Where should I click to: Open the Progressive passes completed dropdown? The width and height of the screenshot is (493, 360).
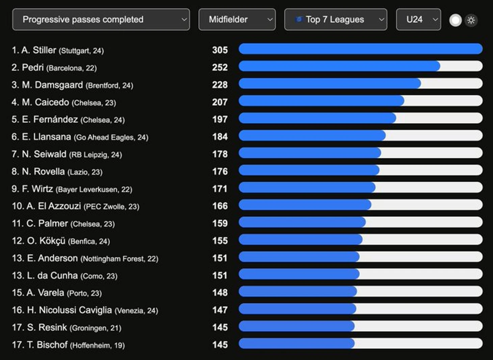tap(101, 20)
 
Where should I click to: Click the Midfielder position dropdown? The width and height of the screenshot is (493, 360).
tap(237, 20)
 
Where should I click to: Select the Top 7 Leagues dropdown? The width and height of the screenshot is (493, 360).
tap(335, 20)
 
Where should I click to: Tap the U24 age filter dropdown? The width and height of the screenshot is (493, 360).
tap(418, 20)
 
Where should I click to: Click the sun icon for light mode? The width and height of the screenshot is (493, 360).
tap(471, 20)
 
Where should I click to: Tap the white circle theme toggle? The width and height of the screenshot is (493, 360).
tap(455, 20)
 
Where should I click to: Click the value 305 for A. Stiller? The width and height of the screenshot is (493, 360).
tap(220, 50)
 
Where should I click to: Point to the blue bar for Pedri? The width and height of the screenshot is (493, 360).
tap(339, 66)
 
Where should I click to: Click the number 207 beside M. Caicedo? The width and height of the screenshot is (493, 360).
tap(220, 102)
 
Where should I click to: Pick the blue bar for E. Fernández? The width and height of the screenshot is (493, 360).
tap(317, 118)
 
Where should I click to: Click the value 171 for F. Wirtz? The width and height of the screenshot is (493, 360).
tap(220, 189)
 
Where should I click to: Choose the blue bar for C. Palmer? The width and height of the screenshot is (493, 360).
tap(302, 222)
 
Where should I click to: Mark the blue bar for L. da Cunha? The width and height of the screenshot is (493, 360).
tap(299, 274)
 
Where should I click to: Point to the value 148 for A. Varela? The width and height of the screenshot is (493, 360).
tap(220, 293)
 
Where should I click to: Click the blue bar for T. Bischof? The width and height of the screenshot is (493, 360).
tap(296, 343)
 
